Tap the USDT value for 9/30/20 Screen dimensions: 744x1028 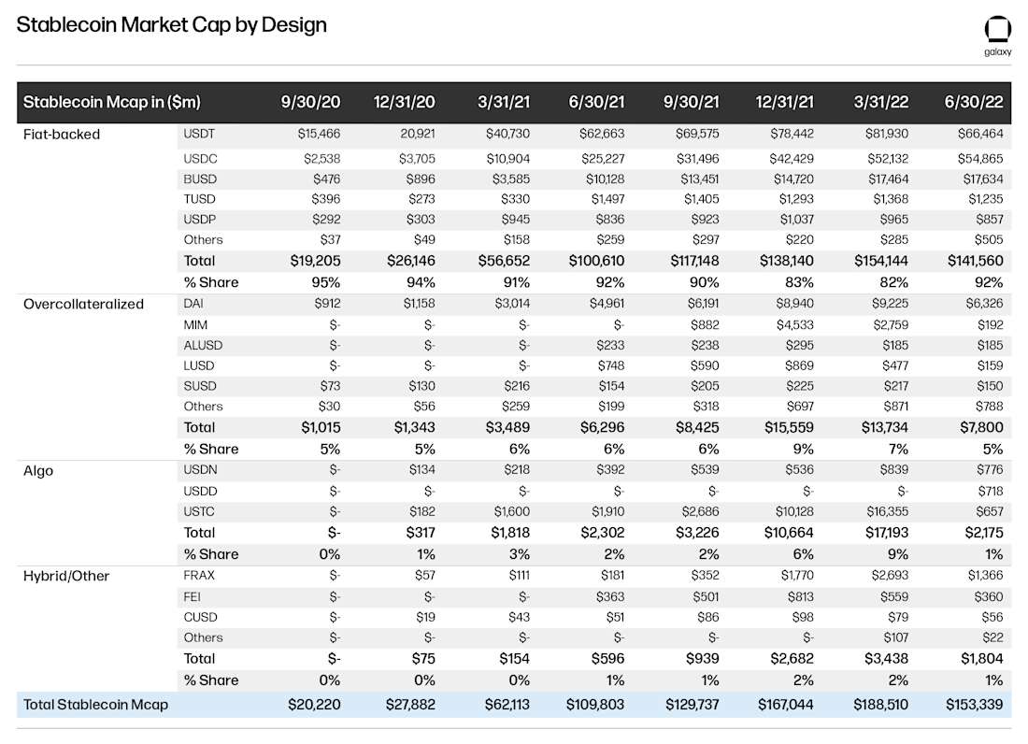[319, 135]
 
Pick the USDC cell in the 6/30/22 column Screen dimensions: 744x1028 [980, 159]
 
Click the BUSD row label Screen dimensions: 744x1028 [200, 179]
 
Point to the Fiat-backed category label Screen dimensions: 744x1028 [62, 135]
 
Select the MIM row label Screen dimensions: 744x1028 [196, 324]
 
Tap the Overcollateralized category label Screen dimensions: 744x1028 [84, 304]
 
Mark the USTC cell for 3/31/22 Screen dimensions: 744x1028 [885, 511]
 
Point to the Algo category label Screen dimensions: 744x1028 [38, 471]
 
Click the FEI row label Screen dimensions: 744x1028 [193, 596]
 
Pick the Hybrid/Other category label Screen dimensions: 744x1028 [66, 576]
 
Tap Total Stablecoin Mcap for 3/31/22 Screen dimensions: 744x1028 [880, 705]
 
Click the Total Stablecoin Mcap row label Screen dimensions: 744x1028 [95, 705]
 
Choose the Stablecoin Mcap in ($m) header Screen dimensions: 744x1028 [111, 102]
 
